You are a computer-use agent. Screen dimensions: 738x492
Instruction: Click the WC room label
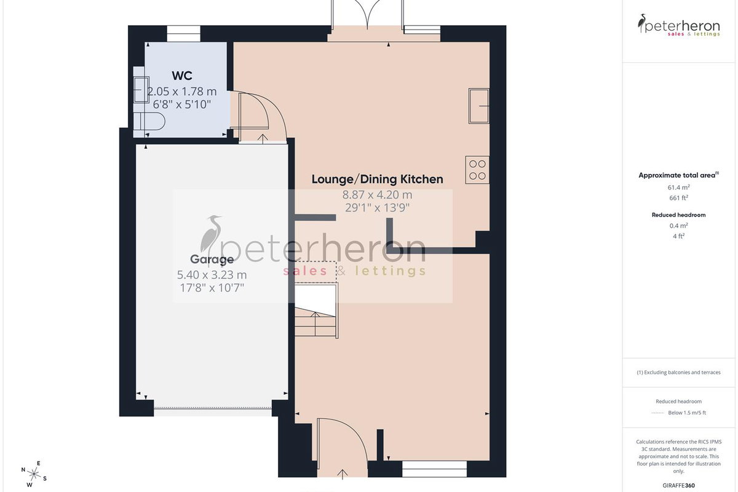(182, 76)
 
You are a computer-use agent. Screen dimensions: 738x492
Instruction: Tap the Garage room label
(212, 260)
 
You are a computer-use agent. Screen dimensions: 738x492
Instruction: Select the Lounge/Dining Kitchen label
(377, 179)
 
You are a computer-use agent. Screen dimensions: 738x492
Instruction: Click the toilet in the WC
(149, 122)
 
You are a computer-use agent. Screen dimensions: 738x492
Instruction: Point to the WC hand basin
(141, 89)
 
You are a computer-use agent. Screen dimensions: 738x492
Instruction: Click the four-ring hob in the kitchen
(477, 170)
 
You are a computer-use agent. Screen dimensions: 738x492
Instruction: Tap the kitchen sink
(478, 106)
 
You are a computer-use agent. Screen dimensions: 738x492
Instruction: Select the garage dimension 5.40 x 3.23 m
(212, 274)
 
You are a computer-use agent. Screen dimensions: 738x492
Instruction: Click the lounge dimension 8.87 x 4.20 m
(377, 195)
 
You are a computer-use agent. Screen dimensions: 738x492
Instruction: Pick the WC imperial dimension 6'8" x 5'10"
(182, 105)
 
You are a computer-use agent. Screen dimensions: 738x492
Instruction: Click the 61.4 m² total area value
(679, 187)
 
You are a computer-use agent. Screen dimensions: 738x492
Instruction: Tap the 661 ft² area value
(679, 198)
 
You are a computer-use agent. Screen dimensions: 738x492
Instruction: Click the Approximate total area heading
(679, 175)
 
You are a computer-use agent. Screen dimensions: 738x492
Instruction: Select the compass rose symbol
(34, 474)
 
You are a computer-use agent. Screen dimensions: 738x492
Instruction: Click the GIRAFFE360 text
(679, 485)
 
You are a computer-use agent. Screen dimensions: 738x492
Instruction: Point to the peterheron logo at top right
(679, 25)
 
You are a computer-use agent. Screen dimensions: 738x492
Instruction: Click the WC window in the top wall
(183, 34)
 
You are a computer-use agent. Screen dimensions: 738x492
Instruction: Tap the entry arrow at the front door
(343, 474)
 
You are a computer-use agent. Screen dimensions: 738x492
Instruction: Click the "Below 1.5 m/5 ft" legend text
(687, 413)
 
